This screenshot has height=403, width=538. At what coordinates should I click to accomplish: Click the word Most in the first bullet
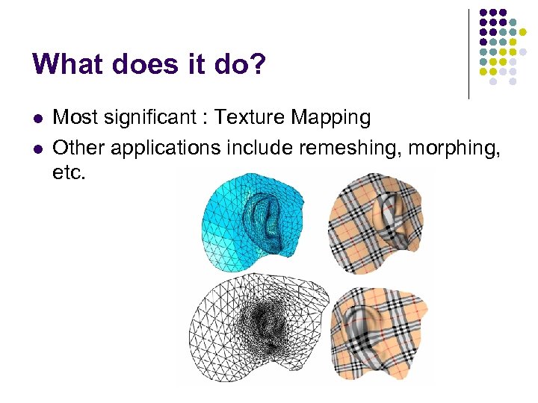73,118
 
